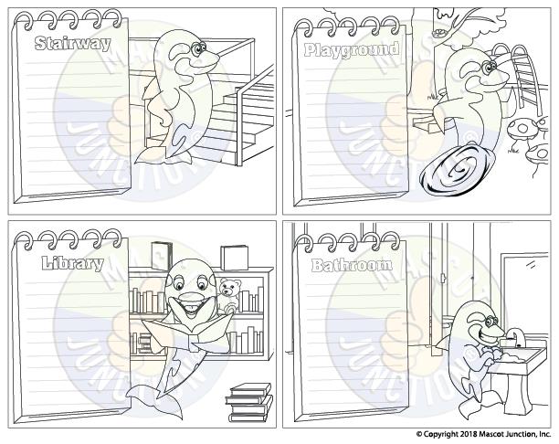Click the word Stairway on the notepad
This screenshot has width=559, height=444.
pos(73,44)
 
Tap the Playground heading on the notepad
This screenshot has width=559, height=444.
pos(352,50)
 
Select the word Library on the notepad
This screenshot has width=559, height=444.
pos(73,264)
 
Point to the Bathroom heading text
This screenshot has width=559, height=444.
pos(352,265)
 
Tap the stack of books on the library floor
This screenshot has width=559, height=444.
pos(248,402)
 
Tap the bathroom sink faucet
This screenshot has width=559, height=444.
pos(516,338)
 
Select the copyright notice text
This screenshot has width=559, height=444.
pos(483,434)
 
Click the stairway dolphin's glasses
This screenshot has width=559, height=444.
pos(198,48)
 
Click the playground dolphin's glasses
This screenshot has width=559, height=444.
pos(490,67)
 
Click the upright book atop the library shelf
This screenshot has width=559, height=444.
pos(161,255)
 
